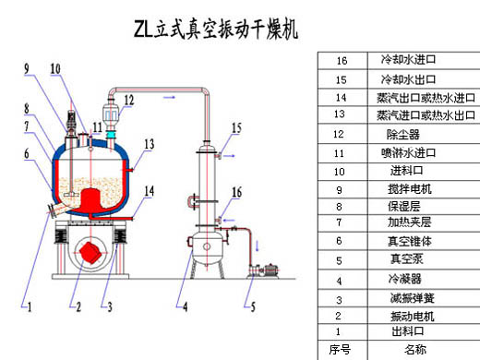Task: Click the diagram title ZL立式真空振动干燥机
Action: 216,30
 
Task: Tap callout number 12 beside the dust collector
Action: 129,101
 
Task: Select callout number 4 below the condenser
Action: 186,306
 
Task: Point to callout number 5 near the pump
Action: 253,306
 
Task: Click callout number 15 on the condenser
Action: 236,128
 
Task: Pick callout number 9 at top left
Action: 27,68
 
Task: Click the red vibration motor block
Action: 90,253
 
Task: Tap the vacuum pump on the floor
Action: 264,270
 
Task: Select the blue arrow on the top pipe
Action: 169,97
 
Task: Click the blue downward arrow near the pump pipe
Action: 258,246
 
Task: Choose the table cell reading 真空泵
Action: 407,259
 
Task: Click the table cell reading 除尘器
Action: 403,135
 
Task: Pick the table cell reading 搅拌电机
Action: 410,189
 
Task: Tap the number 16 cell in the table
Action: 342,61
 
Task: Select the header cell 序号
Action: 340,350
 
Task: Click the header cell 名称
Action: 415,350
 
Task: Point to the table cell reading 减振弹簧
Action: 412,298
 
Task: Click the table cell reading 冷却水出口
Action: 408,79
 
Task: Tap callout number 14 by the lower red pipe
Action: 150,191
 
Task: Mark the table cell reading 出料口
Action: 408,331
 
